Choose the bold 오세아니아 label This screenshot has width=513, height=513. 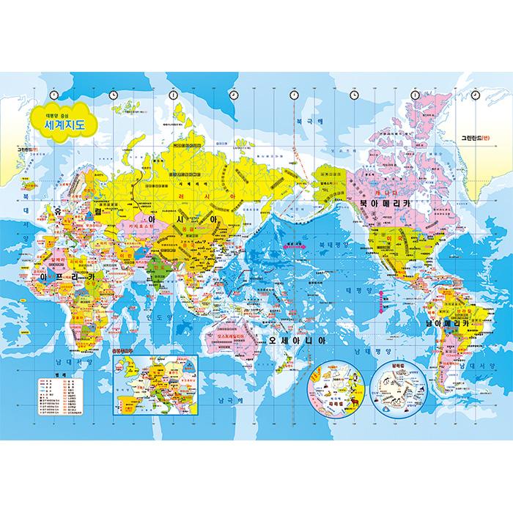click(297, 342)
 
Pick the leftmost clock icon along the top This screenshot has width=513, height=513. click(113, 95)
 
